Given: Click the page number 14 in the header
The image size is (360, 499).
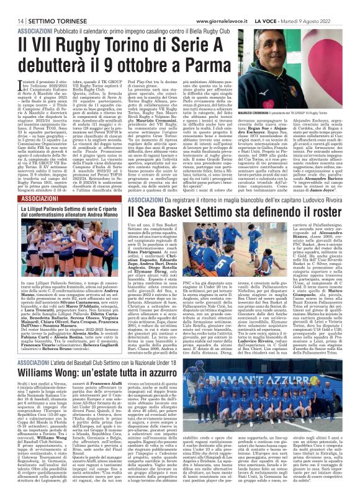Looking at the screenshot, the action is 13,20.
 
